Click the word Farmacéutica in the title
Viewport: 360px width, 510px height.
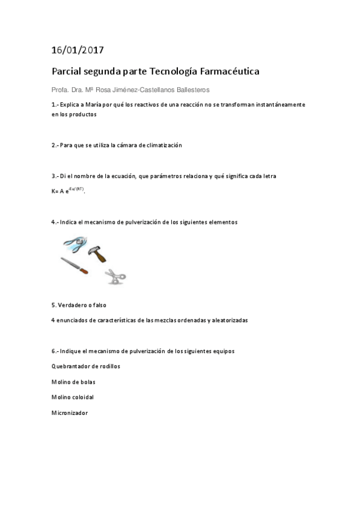229,72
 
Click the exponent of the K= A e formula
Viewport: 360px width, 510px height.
78,189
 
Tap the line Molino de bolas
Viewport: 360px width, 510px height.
74,381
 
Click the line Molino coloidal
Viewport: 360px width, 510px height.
73,397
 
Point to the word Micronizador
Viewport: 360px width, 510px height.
70,413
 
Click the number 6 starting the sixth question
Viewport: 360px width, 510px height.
53,350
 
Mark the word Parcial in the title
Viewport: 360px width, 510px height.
67,72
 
